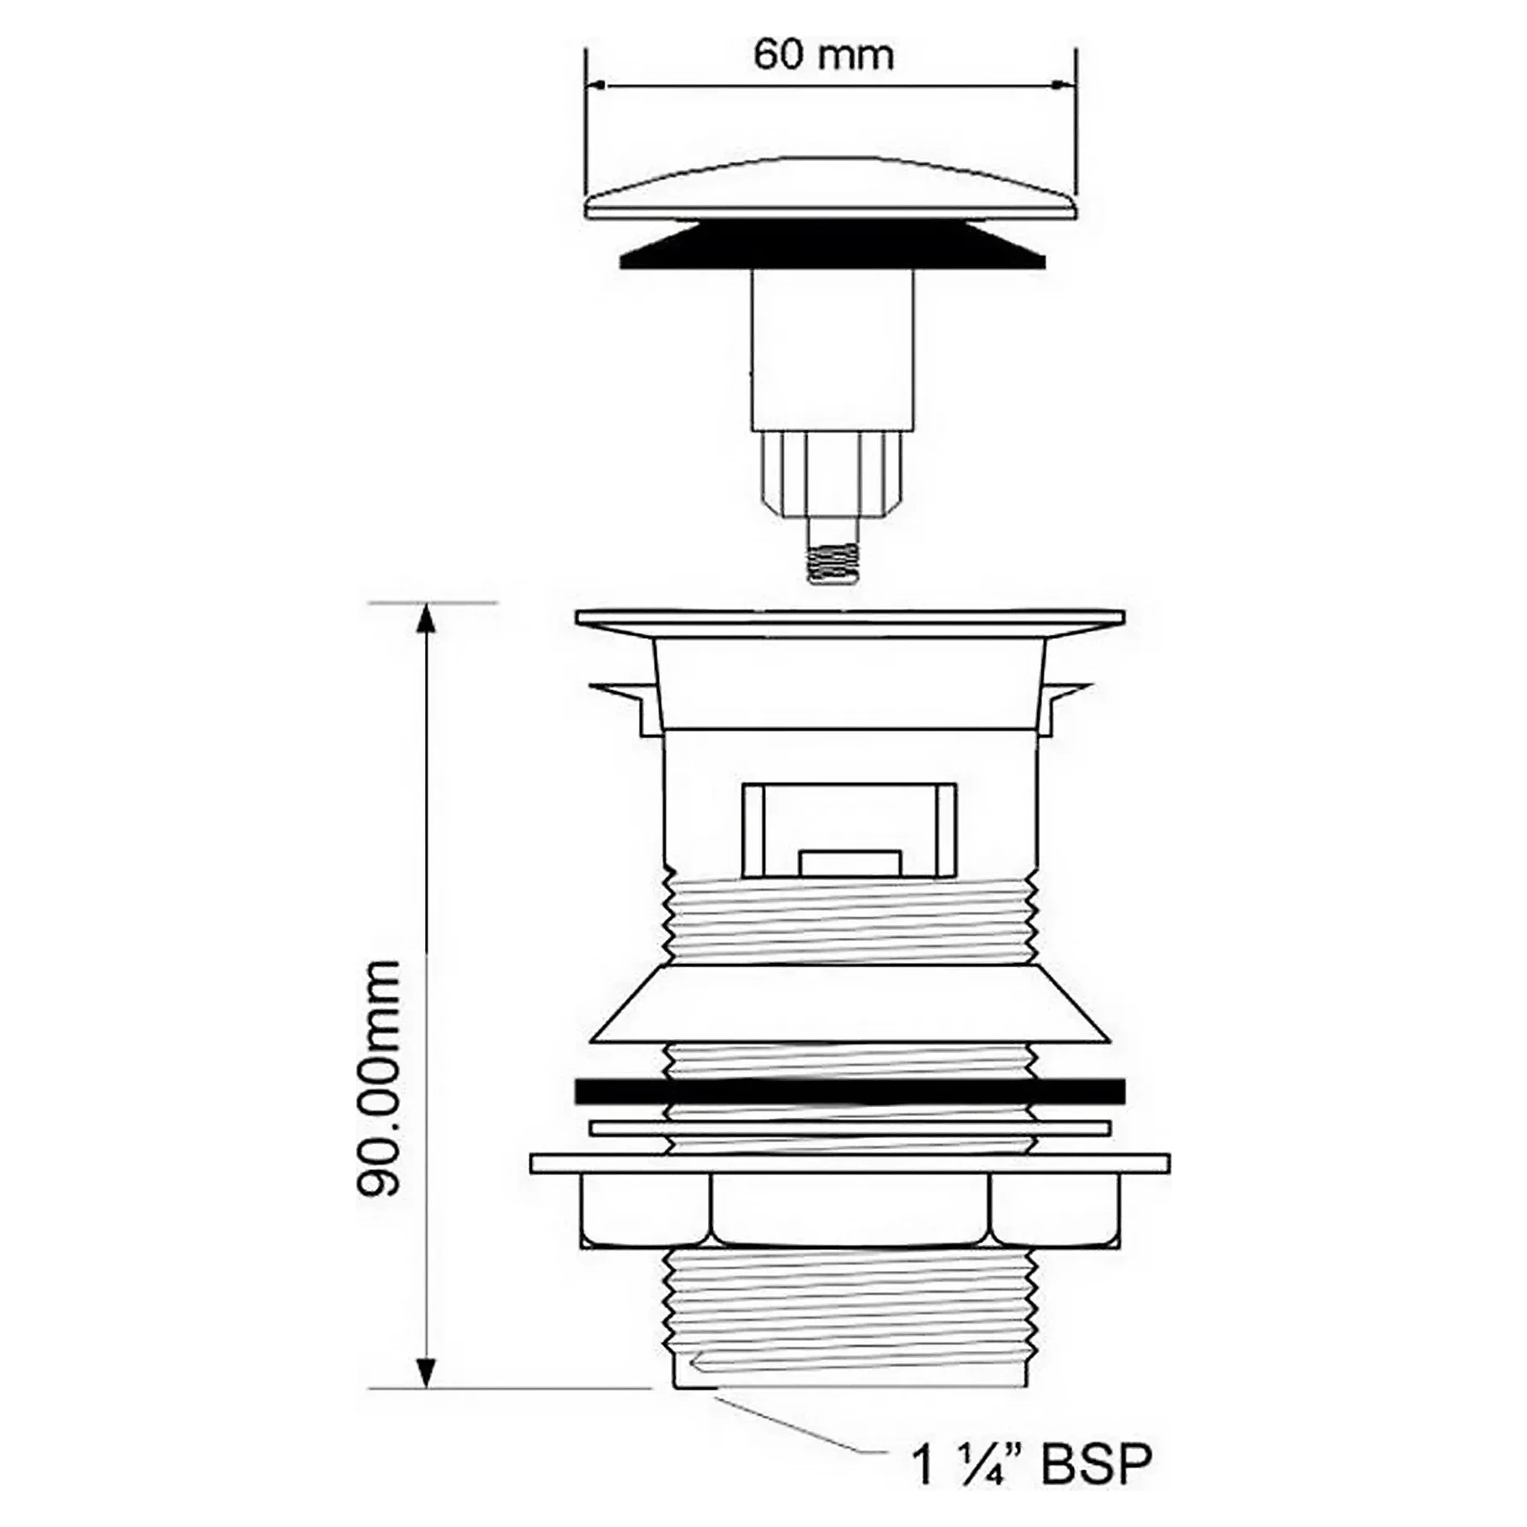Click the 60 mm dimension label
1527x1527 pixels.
click(x=823, y=56)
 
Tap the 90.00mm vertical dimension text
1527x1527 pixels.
click(x=378, y=1077)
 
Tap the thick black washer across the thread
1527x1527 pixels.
click(x=850, y=1092)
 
